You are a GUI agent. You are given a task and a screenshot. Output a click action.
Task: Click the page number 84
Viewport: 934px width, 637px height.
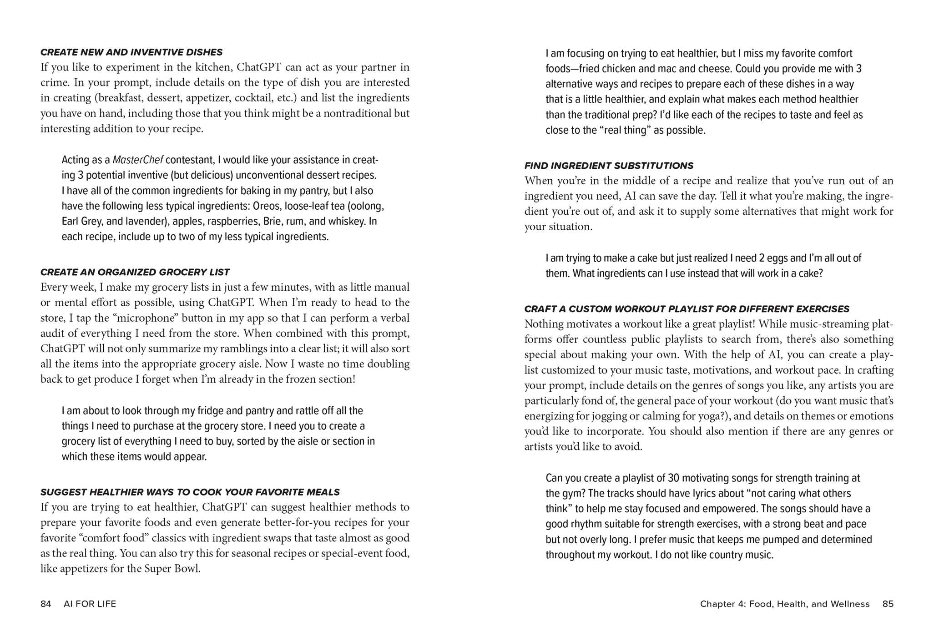(x=45, y=604)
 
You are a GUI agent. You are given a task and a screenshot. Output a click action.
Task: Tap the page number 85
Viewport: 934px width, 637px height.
(x=888, y=604)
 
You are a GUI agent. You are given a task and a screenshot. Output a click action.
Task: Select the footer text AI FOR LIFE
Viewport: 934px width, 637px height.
(x=90, y=604)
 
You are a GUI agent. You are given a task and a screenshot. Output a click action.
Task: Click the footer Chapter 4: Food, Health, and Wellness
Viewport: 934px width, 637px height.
(x=784, y=604)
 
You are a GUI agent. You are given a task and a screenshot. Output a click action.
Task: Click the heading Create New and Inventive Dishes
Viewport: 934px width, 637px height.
(x=131, y=52)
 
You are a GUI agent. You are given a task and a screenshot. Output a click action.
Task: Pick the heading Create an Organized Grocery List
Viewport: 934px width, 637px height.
(x=135, y=272)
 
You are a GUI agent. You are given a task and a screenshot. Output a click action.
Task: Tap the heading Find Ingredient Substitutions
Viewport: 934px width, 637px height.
(x=609, y=166)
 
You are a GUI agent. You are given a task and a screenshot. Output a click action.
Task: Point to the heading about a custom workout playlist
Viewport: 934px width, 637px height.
(x=687, y=309)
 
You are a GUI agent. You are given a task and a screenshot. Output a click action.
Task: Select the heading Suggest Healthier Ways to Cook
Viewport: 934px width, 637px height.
(x=190, y=492)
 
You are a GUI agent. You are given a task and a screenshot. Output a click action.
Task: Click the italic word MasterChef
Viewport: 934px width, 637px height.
(x=138, y=160)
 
